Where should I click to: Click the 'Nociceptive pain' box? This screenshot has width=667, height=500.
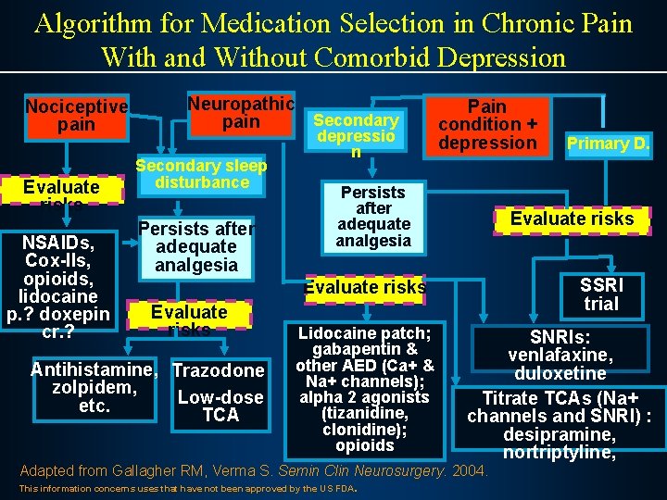[76, 116]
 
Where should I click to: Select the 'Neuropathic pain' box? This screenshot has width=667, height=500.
[241, 113]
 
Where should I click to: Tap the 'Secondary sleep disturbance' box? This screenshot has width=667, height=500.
[201, 174]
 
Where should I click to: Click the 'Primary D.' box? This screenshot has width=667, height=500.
[609, 144]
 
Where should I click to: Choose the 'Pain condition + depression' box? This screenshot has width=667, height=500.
[487, 125]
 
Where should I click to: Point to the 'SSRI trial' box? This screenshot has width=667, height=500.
[601, 294]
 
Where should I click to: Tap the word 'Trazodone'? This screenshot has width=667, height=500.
[220, 371]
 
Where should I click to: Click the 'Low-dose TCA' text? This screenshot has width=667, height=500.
[220, 406]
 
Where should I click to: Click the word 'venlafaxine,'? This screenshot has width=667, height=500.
[561, 356]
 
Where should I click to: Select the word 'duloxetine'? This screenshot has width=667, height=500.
[561, 373]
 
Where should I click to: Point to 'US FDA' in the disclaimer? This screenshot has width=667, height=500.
[340, 488]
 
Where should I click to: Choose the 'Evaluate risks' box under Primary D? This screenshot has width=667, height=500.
[573, 219]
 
